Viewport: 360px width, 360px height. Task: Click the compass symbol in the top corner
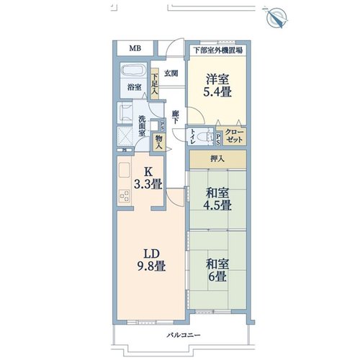[x=277, y=17]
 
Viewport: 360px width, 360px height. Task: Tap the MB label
[x=135, y=48]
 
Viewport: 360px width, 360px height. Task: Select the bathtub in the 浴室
[x=134, y=70]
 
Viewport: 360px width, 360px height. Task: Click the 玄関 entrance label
[x=171, y=73]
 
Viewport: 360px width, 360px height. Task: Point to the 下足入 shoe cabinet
[x=155, y=84]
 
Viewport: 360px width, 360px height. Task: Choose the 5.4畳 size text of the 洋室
[x=217, y=92]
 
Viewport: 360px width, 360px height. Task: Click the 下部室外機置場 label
[x=218, y=50]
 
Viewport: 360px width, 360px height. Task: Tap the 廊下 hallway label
[x=176, y=117]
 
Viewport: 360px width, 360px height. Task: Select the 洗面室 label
[x=142, y=126]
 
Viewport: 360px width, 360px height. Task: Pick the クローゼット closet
[x=234, y=136]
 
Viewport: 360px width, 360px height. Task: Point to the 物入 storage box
[x=158, y=143]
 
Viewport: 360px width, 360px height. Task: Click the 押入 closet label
[x=217, y=158]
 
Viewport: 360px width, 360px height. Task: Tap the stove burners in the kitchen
[x=125, y=196]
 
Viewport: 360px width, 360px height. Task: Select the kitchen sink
[x=125, y=171]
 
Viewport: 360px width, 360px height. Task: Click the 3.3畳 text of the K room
[x=148, y=184]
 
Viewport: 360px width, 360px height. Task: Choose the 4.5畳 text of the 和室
[x=217, y=205]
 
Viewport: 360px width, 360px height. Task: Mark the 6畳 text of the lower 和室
[x=217, y=276]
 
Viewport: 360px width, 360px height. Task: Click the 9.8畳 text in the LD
[x=151, y=266]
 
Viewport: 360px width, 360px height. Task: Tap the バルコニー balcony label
[x=184, y=335]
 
